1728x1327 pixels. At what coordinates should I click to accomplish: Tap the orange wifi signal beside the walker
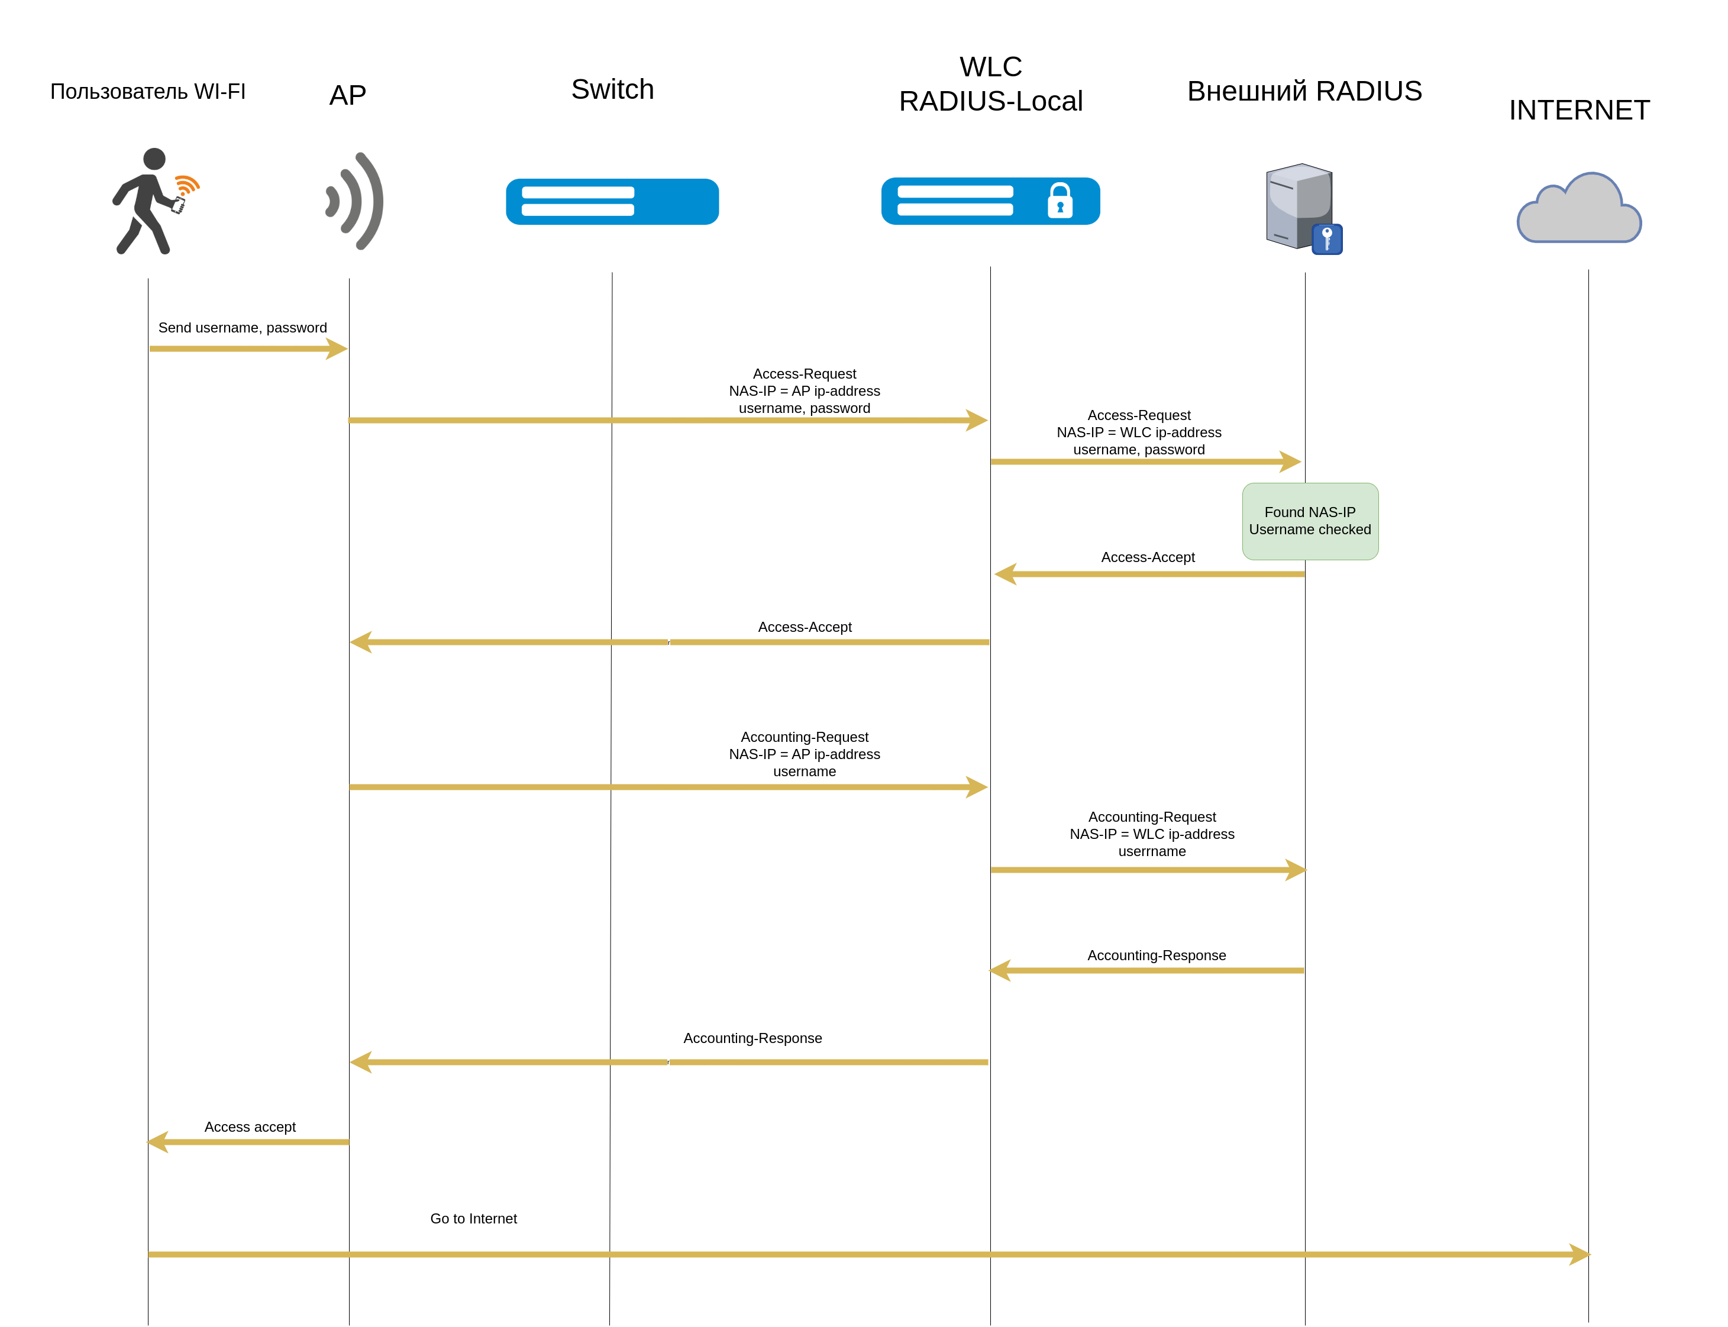[187, 185]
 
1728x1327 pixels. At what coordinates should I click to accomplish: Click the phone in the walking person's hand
[179, 206]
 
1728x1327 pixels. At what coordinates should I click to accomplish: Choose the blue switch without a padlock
[612, 201]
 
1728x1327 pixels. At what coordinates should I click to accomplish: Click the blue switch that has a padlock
[990, 201]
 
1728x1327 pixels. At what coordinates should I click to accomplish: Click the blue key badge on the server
[1327, 238]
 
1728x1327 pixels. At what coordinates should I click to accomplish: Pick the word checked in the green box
[1344, 529]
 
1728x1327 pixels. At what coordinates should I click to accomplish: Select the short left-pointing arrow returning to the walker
[248, 1142]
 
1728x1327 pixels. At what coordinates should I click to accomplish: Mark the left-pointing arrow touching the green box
[1149, 574]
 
